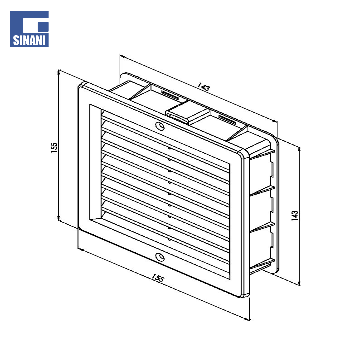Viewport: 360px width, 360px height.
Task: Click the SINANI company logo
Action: [x=29, y=29]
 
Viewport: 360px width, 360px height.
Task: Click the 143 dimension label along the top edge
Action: [x=203, y=87]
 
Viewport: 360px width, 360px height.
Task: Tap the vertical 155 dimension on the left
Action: [x=54, y=148]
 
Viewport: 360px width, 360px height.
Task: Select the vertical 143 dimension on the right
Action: [x=295, y=216]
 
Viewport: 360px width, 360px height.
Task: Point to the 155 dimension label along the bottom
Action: [x=158, y=278]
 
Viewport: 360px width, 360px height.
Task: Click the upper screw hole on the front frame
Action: [x=160, y=126]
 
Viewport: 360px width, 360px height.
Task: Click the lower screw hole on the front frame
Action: [x=160, y=257]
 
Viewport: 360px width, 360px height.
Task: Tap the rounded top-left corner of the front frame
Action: [x=81, y=85]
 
